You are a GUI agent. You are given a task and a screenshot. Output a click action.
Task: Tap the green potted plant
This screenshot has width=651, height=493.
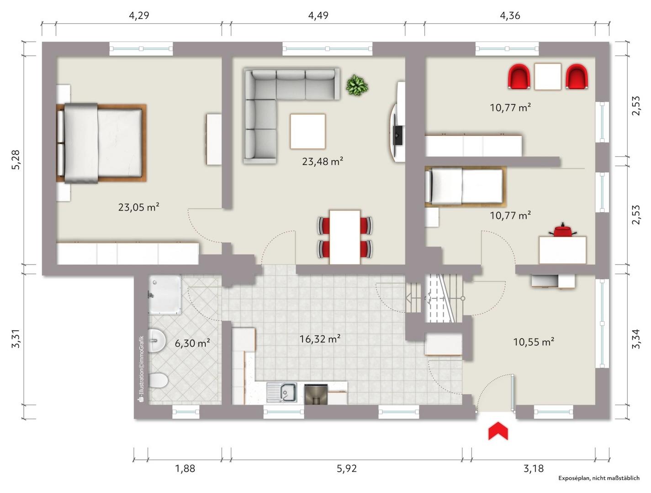click(356, 85)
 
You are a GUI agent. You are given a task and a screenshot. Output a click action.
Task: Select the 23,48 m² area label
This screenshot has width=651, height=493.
click(323, 162)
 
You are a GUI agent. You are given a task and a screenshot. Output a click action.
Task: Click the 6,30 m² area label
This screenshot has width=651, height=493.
click(192, 343)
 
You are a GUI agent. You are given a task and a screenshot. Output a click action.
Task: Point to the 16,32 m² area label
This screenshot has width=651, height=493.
click(320, 339)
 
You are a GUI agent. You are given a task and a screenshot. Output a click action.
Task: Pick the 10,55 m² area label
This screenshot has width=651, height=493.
click(534, 342)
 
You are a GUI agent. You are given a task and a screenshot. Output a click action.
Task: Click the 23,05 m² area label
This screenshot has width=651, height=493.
click(138, 207)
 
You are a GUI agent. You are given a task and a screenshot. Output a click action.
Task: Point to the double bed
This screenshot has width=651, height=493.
click(101, 143)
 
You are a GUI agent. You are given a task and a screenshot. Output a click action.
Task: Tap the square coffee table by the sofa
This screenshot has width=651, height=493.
click(307, 131)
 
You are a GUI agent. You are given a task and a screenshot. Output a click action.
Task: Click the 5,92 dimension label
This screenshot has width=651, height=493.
click(346, 468)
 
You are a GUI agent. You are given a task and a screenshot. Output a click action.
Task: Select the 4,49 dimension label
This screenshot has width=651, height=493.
click(318, 16)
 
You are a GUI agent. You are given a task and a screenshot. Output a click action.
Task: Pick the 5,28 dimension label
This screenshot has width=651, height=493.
click(16, 160)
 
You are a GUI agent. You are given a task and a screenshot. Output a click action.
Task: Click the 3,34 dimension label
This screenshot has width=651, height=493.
click(635, 339)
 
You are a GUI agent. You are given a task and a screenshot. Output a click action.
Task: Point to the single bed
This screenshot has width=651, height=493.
click(465, 187)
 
